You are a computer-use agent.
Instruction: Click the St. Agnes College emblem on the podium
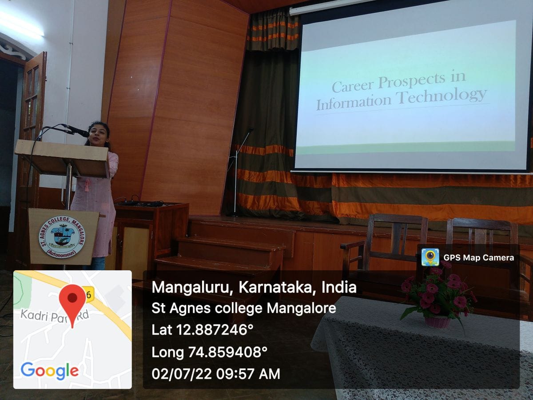tap(62, 237)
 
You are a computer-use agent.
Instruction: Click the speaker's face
tap(98, 136)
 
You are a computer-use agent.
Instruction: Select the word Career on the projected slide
tap(352, 85)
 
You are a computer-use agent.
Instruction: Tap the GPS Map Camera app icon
tap(430, 257)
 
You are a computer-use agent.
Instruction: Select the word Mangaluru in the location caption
tap(191, 287)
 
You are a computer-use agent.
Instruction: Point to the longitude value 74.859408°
tap(228, 352)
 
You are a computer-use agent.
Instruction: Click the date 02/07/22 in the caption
tap(182, 373)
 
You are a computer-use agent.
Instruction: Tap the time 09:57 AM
tap(248, 373)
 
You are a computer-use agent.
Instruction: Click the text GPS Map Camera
tap(479, 258)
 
